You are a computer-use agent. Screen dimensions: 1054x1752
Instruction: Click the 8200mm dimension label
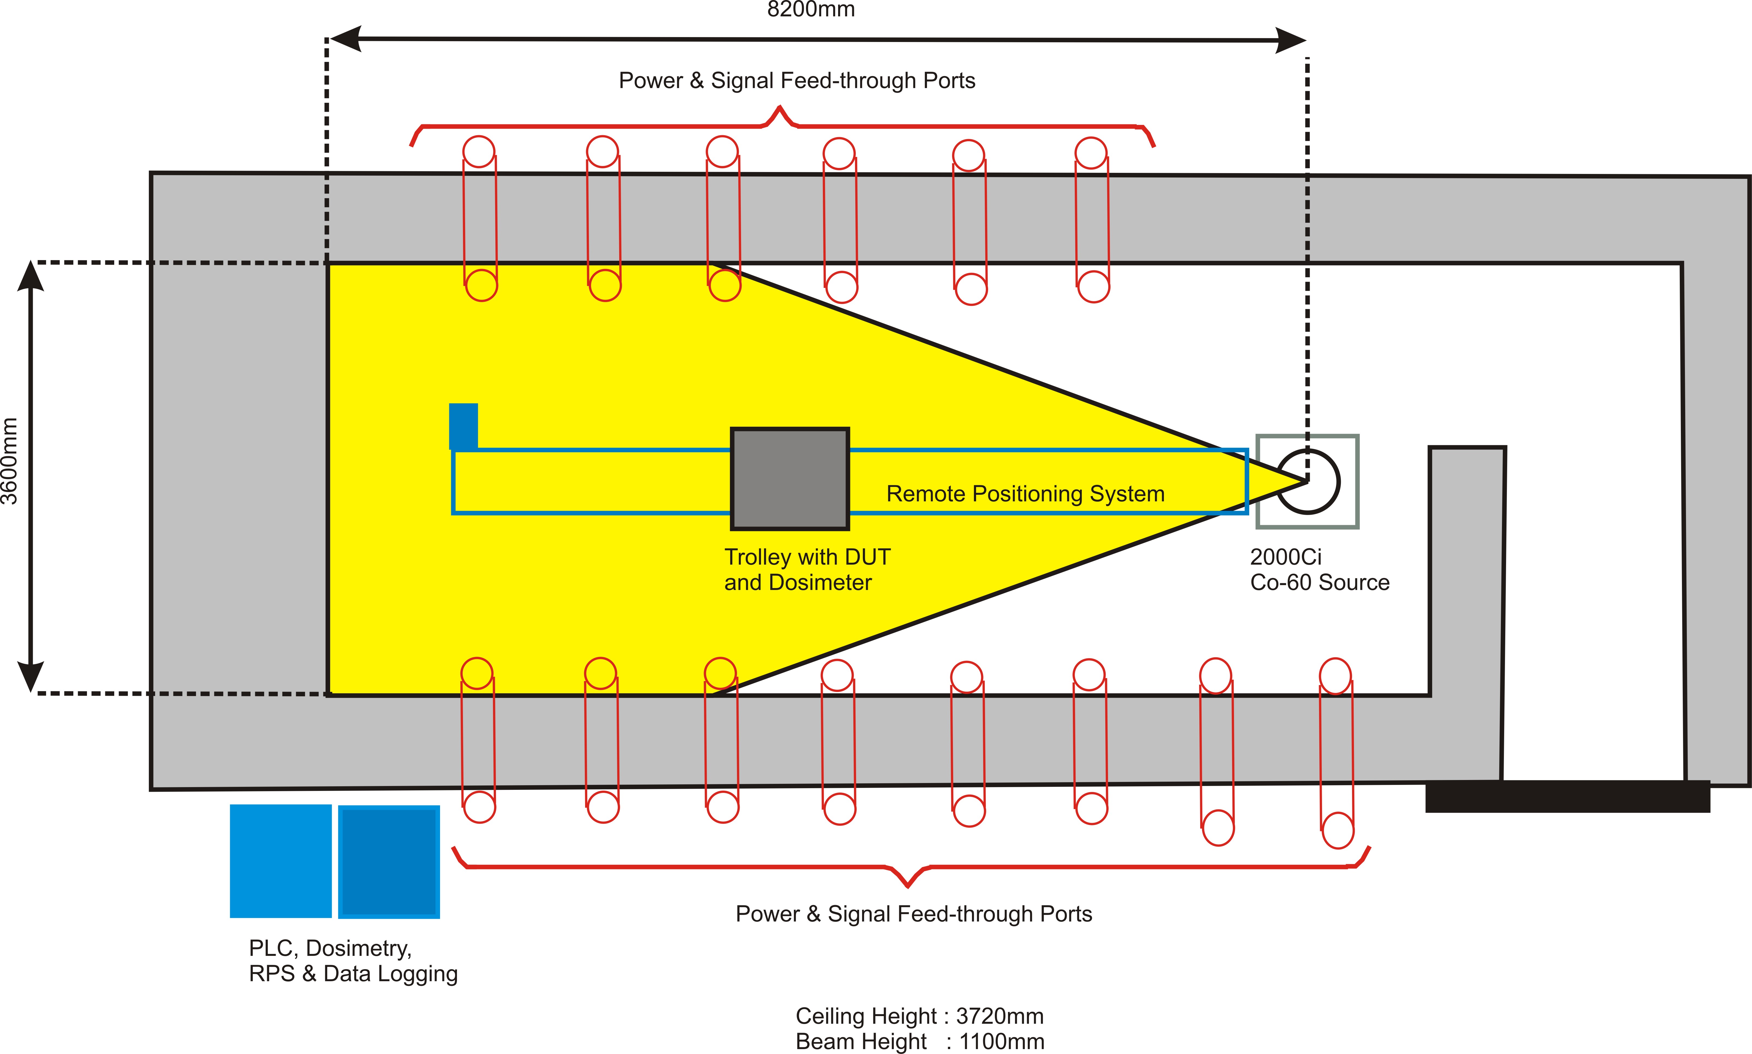pyautogui.click(x=811, y=9)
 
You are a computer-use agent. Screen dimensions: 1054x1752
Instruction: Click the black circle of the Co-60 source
pyautogui.click(x=1308, y=481)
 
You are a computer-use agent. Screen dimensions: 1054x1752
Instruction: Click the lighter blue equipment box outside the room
pyautogui.click(x=281, y=861)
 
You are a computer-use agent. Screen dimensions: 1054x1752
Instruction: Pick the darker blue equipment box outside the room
pyautogui.click(x=389, y=862)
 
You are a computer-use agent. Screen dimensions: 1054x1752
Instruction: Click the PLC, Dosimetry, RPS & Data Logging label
pyautogui.click(x=353, y=960)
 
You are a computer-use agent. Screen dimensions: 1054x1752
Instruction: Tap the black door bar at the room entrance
pyautogui.click(x=1567, y=796)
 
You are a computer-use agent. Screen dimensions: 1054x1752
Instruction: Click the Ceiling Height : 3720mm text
pyautogui.click(x=919, y=1016)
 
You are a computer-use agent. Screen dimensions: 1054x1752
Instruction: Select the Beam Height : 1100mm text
pyautogui.click(x=919, y=1041)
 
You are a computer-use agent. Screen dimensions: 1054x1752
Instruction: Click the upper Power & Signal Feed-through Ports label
pyautogui.click(x=797, y=80)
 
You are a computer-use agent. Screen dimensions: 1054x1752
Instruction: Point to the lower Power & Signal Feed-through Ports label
pyautogui.click(x=913, y=913)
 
